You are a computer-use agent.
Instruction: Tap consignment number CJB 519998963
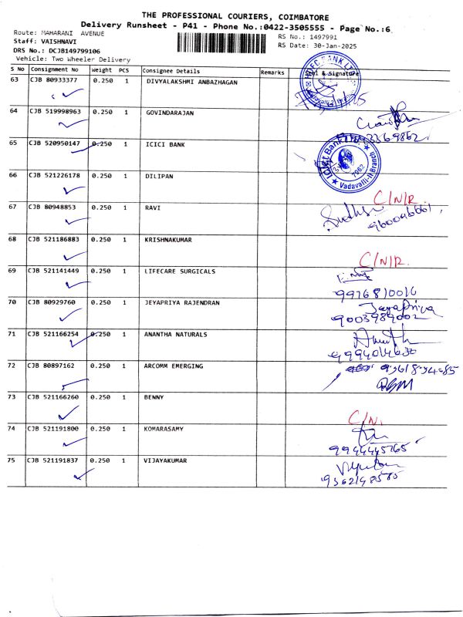(x=55, y=112)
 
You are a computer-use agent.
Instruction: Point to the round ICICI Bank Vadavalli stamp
(x=348, y=164)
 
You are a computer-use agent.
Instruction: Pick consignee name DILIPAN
(x=160, y=176)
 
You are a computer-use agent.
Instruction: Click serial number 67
(x=12, y=207)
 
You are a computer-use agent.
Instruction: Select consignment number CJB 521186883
(x=55, y=240)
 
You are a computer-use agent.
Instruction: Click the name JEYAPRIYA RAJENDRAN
(x=186, y=302)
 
